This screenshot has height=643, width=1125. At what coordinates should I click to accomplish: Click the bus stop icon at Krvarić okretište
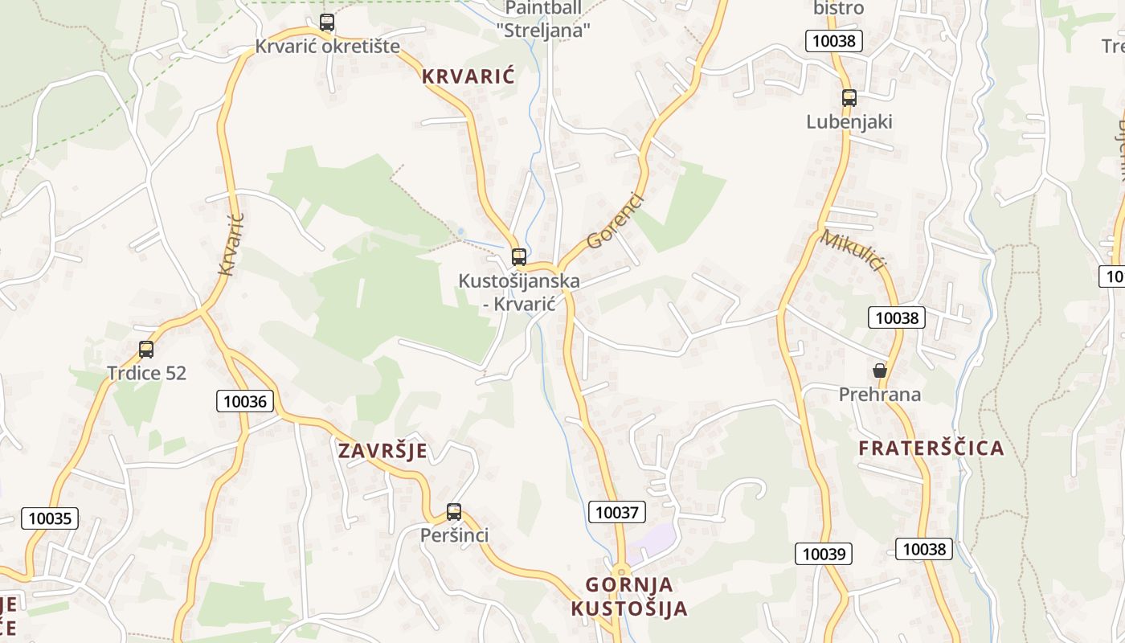click(327, 23)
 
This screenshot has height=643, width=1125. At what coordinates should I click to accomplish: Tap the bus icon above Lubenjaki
click(849, 98)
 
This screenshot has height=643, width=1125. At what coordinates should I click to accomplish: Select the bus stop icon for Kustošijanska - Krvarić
click(519, 257)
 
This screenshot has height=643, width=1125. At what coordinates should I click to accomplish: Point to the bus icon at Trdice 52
click(146, 350)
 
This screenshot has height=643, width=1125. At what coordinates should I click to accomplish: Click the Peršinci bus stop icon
click(454, 512)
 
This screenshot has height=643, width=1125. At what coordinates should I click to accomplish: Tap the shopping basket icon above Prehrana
click(880, 371)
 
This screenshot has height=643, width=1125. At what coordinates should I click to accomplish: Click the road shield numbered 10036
click(245, 401)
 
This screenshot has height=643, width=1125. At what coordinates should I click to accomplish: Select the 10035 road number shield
click(50, 518)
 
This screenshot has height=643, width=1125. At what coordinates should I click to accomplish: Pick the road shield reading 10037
click(617, 512)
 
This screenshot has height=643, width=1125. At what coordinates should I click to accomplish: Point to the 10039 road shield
click(824, 554)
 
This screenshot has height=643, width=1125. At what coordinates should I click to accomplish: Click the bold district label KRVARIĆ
click(468, 77)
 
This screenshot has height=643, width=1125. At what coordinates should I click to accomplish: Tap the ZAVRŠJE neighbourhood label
click(382, 451)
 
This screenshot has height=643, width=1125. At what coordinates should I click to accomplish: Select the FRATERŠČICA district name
click(931, 448)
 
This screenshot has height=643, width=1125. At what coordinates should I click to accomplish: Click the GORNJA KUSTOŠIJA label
click(629, 596)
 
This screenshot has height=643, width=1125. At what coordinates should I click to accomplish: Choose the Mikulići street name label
click(853, 250)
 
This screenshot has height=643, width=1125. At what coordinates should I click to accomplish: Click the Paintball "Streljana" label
click(544, 19)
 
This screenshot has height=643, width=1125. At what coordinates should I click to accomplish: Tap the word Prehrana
click(880, 395)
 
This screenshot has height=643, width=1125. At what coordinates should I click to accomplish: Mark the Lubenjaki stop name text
click(849, 122)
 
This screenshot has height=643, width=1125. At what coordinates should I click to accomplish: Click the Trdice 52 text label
click(146, 374)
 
